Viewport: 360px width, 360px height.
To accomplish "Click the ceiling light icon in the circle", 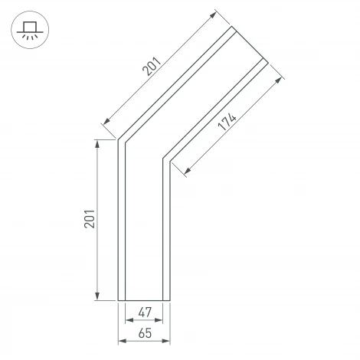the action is pos(30,30).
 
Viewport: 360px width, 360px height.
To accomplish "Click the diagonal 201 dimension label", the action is pos(152,67).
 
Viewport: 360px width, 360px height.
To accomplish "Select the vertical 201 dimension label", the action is pos(90,219).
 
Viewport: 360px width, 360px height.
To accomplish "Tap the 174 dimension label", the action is pos(227,122).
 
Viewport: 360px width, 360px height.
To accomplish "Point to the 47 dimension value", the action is pos(145,312).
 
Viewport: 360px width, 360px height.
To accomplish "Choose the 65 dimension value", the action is pos(145,333).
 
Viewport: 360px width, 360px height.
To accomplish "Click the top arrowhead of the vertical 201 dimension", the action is pos(97,144).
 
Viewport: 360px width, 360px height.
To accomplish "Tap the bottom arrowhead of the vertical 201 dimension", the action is pos(97,296).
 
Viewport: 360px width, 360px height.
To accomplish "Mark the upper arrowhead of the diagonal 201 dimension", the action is pos(213,15).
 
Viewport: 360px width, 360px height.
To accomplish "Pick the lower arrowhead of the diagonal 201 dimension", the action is pos(106,121).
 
